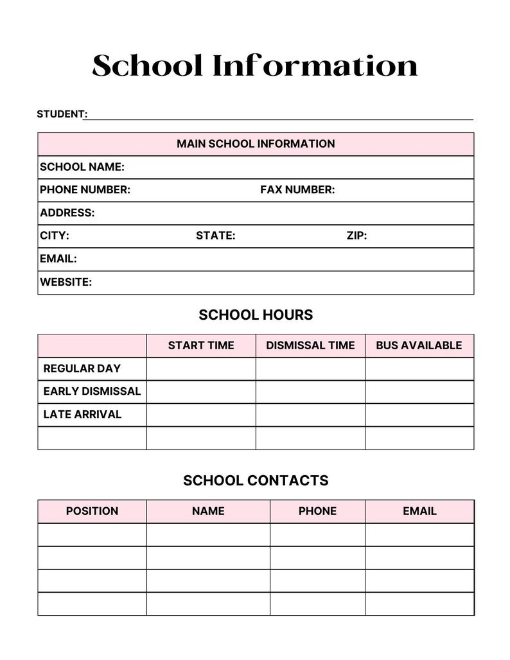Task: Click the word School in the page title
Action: [x=147, y=66]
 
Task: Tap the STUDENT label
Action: [x=61, y=114]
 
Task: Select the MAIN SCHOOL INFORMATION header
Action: [x=256, y=144]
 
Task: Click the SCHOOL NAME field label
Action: [x=82, y=167]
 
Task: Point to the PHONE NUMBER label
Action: [x=85, y=190]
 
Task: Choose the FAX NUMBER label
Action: [x=297, y=190]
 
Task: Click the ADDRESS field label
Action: [x=67, y=213]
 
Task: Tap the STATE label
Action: [x=215, y=236]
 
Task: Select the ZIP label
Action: [x=356, y=236]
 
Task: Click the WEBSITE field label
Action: [x=66, y=282]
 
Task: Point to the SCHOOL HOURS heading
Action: [x=256, y=315]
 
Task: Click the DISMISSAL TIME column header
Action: [x=310, y=345]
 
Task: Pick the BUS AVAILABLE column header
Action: [x=419, y=345]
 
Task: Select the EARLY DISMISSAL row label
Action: [x=92, y=392]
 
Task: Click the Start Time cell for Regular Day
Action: [x=201, y=369]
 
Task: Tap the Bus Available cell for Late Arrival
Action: [x=419, y=415]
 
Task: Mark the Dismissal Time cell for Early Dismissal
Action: [x=310, y=392]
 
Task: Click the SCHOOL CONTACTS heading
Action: [x=256, y=480]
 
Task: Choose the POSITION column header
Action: [x=92, y=511]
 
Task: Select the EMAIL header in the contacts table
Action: [x=419, y=511]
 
